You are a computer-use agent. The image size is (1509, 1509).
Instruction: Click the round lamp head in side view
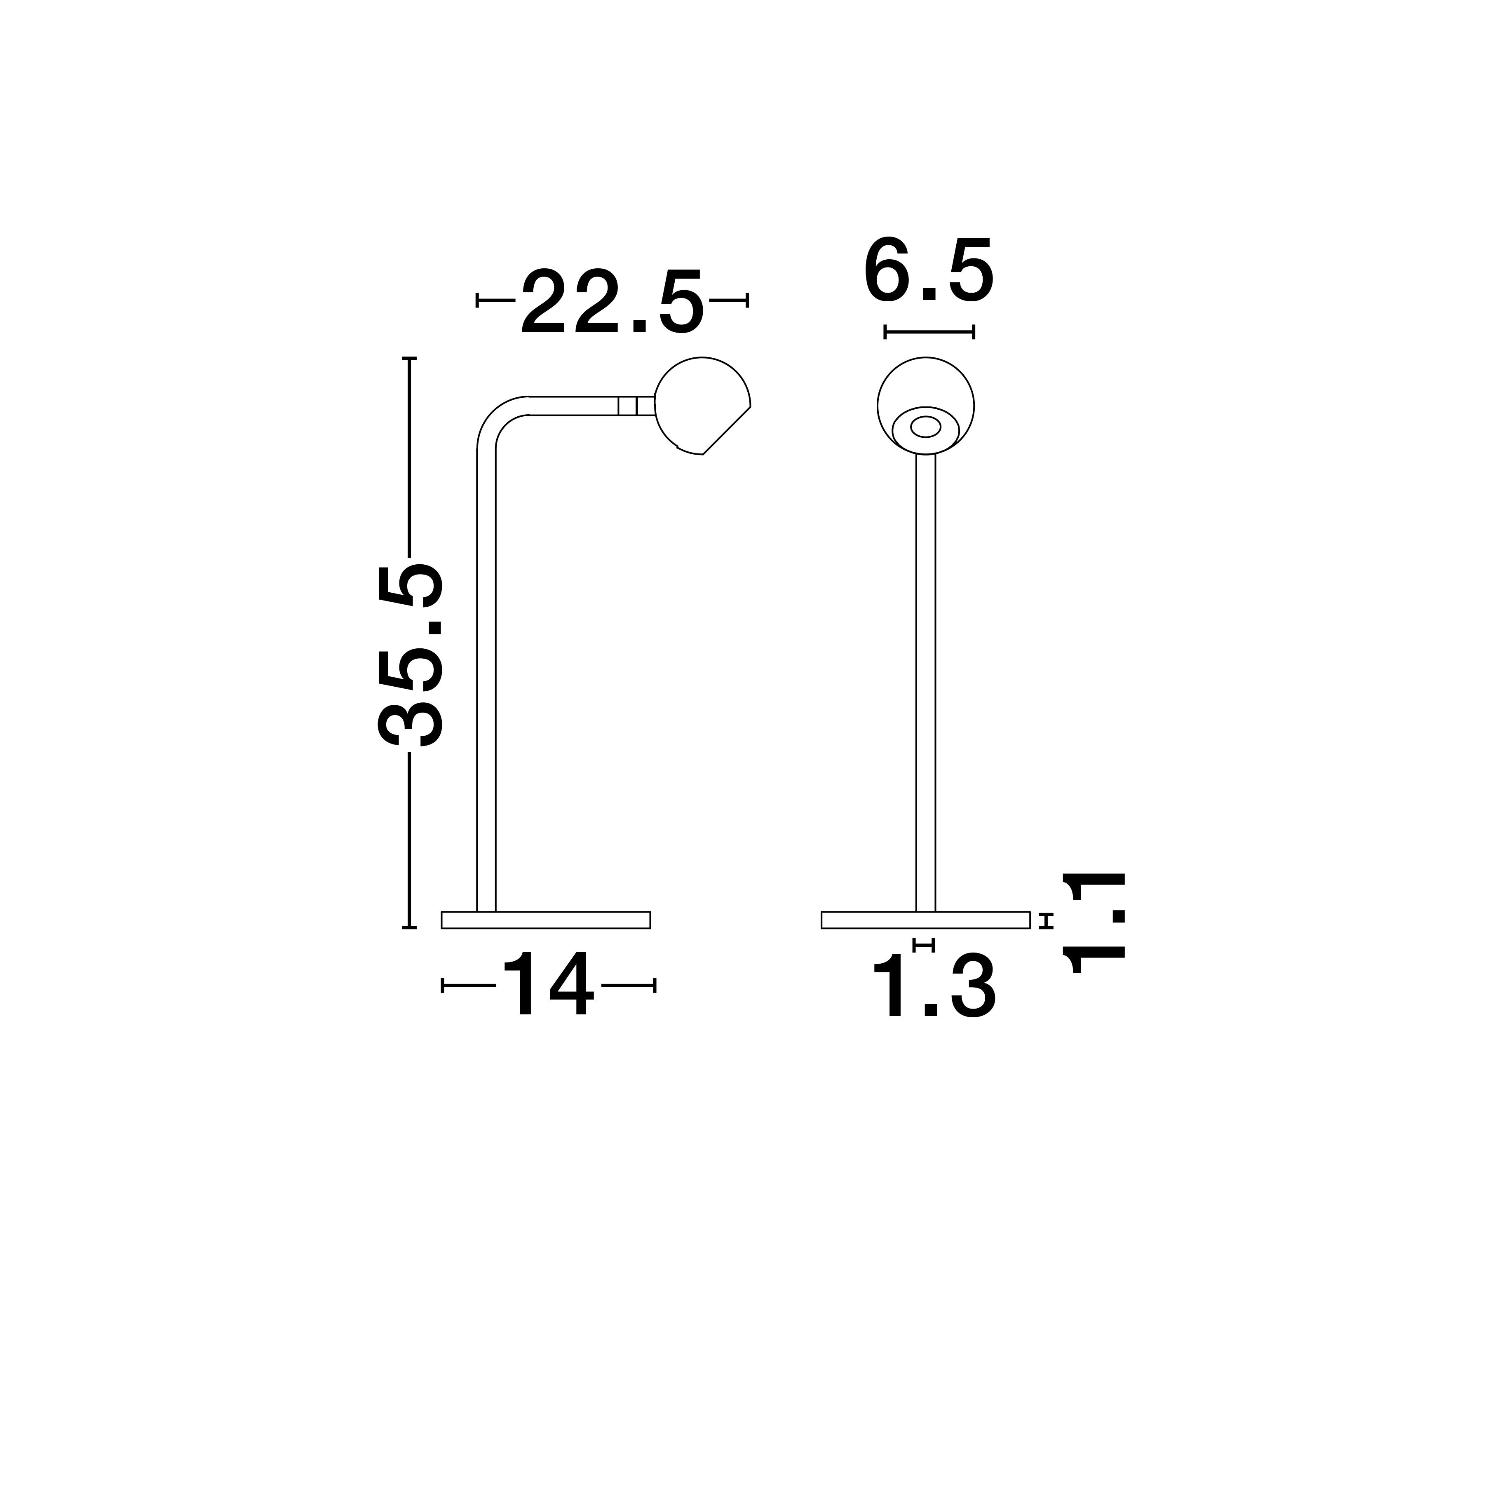702,405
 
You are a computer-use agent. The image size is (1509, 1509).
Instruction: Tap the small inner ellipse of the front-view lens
925,427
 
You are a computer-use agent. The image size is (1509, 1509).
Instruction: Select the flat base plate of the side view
546,920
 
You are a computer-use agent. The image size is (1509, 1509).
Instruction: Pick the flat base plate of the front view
925,920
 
